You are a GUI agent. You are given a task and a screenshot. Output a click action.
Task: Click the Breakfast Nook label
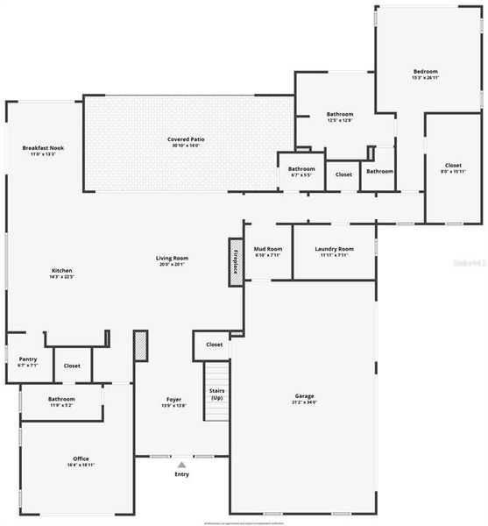(44, 149)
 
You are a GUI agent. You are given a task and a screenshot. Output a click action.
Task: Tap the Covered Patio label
(186, 140)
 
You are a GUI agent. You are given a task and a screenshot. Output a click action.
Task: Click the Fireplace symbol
(235, 261)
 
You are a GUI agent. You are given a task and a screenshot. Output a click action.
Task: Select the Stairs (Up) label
(216, 394)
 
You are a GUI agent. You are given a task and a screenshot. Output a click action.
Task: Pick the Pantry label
(28, 360)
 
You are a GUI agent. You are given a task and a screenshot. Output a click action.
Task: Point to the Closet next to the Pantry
(72, 366)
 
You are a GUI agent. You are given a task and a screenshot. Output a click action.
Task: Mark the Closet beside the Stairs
(214, 345)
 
